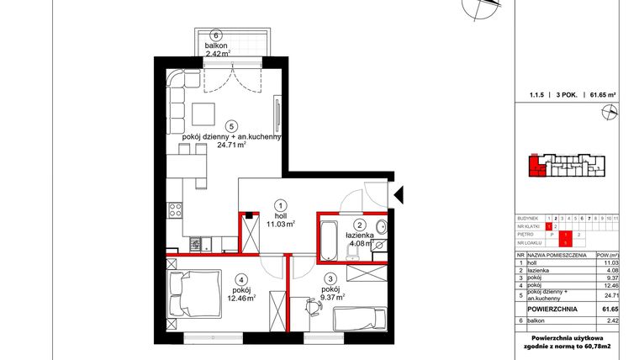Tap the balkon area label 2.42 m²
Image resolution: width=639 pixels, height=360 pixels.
(x=216, y=53)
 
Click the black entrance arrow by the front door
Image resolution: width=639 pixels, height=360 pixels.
(x=401, y=194)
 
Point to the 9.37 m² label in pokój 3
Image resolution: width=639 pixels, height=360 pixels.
(x=329, y=296)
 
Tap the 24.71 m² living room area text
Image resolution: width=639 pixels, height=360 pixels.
(x=230, y=145)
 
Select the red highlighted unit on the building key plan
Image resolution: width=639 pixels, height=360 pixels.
(x=535, y=167)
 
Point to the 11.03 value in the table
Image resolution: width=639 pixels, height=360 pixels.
(x=610, y=262)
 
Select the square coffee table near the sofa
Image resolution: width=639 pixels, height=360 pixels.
(x=203, y=112)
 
